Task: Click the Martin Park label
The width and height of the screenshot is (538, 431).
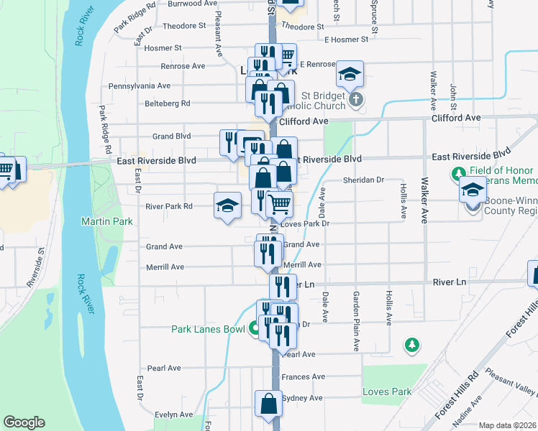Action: (x=107, y=222)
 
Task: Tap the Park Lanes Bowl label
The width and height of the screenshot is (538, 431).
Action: (x=209, y=330)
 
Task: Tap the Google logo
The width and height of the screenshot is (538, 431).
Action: (x=24, y=422)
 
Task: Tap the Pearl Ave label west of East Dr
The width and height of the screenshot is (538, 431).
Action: (x=164, y=369)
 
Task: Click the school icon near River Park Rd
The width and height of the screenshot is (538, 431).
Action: (x=227, y=206)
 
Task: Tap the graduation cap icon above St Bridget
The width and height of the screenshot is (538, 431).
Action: (x=350, y=73)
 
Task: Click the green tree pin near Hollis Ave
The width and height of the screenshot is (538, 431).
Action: (x=411, y=346)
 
